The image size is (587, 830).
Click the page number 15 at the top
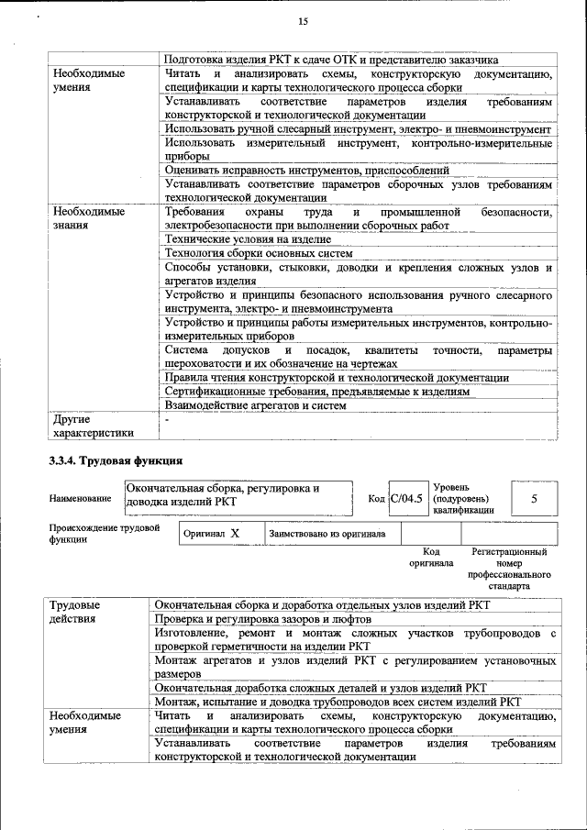[304, 22]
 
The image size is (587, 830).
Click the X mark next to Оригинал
[235, 533]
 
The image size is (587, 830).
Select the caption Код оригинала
[431, 558]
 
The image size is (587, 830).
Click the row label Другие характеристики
[94, 426]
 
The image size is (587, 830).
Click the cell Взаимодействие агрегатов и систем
[255, 405]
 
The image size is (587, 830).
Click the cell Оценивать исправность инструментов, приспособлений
[306, 170]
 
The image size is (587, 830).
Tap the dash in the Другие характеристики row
[167, 419]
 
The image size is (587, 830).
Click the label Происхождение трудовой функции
[105, 534]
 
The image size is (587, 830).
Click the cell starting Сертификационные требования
[317, 391]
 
